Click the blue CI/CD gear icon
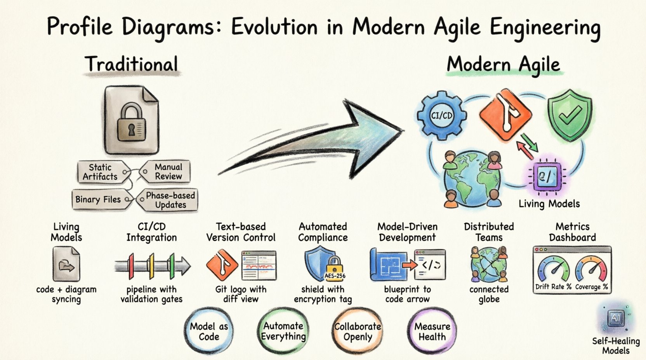point(442,115)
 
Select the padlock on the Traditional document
point(131,123)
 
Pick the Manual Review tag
point(166,171)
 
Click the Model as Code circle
point(209,331)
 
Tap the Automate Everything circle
point(283,331)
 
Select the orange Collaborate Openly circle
point(358,331)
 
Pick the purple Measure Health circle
point(432,331)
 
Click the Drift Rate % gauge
point(553,270)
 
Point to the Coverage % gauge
point(591,270)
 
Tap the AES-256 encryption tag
point(335,276)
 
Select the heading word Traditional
point(132,64)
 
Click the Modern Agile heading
point(504,64)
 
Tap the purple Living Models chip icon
point(545,177)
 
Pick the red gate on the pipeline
point(131,266)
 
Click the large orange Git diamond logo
point(505,114)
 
